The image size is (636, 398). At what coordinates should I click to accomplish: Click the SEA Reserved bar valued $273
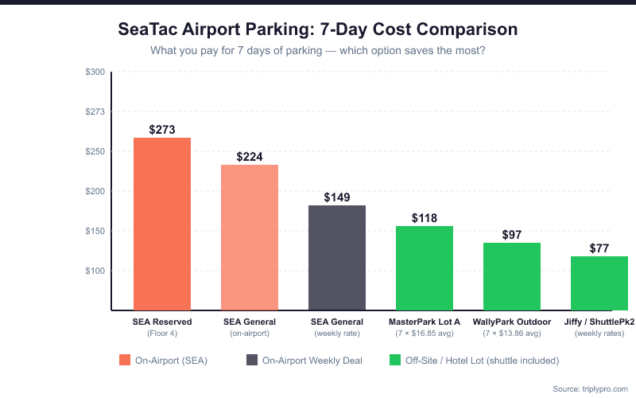coord(161,224)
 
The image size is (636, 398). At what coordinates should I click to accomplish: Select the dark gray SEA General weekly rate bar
coord(336,258)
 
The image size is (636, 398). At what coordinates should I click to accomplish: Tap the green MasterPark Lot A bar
coord(424,268)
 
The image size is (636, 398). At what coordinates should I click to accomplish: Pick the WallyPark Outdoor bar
coord(511,276)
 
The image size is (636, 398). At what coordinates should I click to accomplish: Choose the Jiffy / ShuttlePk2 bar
coord(599,283)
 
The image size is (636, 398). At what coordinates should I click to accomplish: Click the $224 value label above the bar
coord(249,157)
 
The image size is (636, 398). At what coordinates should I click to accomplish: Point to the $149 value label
coord(336,197)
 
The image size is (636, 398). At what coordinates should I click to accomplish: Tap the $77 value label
coord(599,248)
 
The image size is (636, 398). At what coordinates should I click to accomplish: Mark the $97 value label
coord(511,235)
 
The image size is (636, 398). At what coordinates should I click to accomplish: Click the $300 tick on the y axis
coord(95,72)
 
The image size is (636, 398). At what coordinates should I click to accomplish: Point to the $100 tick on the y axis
coord(95,271)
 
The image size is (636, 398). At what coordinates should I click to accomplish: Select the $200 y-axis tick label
coord(95,191)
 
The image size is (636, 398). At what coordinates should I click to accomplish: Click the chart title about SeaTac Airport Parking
coord(318,29)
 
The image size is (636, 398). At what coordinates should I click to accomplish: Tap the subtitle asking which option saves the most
coord(318,51)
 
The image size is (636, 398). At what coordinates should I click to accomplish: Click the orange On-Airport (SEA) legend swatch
coord(125,360)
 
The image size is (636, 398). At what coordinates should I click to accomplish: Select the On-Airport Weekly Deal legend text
coord(312,361)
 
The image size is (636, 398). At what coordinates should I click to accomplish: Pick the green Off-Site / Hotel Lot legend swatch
coord(395,360)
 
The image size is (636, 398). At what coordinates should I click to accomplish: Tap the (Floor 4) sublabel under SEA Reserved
coord(161,333)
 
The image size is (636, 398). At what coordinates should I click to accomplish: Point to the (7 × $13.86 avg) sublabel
coord(511,333)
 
